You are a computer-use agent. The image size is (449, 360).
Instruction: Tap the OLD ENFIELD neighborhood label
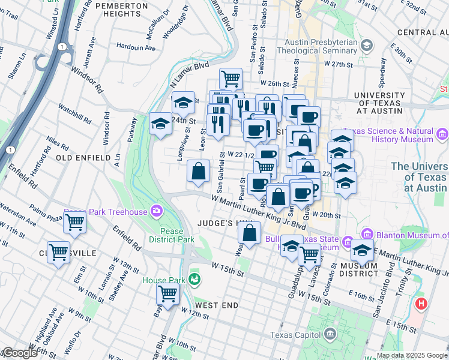click(x=83, y=158)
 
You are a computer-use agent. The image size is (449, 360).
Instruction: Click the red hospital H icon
click(x=421, y=304)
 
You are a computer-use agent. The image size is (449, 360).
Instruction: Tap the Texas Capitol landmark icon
click(x=328, y=334)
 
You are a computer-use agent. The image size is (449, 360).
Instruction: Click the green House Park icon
click(x=194, y=279)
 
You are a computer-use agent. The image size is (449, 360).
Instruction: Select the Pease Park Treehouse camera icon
click(x=157, y=211)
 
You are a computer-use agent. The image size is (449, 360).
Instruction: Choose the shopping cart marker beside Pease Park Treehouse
click(x=75, y=222)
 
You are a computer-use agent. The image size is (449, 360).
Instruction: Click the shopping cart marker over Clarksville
click(x=59, y=253)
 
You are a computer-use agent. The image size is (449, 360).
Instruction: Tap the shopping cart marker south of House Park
click(x=167, y=294)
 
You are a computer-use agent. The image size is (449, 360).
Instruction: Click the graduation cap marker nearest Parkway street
click(x=160, y=124)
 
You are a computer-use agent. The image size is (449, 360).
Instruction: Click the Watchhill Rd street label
click(x=74, y=113)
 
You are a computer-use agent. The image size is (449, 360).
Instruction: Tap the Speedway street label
click(x=382, y=71)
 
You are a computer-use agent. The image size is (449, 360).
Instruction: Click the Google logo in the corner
click(x=20, y=353)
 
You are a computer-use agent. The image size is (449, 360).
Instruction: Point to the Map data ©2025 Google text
click(x=411, y=355)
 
